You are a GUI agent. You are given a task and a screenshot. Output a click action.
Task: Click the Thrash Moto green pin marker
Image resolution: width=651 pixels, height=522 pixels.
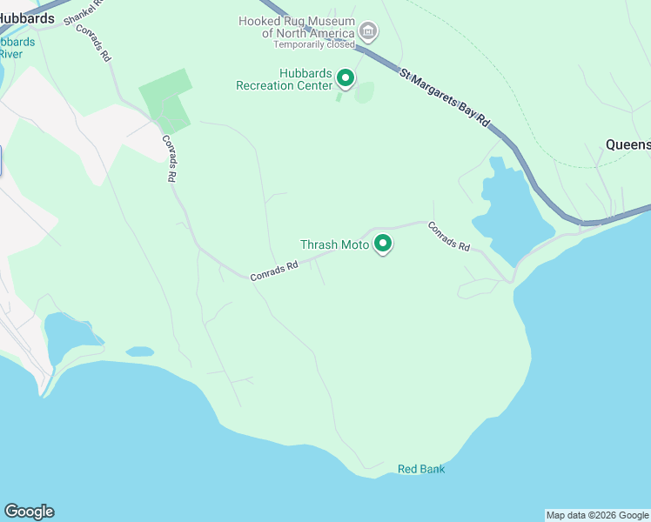[382, 244]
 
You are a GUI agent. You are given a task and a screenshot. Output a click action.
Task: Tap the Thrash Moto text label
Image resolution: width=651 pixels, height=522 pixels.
[335, 245]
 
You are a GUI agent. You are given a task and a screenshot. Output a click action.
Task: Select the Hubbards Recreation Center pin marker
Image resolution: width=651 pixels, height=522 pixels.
[346, 79]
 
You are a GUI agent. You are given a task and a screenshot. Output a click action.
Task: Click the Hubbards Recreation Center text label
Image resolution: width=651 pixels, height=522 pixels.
[284, 80]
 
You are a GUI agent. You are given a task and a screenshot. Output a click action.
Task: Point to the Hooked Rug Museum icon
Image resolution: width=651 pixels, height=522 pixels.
[368, 33]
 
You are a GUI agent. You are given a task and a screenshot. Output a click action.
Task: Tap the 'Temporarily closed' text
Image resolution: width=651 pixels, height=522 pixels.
[314, 44]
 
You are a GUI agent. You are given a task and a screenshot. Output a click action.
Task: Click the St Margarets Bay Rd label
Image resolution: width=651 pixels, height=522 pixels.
[445, 97]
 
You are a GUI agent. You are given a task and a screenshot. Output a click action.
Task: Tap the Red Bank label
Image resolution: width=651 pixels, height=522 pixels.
[421, 469]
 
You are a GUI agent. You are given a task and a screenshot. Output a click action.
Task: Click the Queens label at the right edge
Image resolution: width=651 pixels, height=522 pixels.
[628, 144]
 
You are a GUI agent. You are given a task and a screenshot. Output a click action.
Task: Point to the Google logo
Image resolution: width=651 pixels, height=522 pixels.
[29, 512]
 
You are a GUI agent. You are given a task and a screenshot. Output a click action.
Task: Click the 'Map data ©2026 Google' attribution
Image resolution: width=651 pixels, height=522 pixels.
[597, 515]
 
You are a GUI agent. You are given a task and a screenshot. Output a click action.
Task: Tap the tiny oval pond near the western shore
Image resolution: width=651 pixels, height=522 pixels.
[139, 351]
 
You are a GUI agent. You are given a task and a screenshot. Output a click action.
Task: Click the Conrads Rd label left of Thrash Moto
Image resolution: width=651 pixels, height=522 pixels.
[274, 271]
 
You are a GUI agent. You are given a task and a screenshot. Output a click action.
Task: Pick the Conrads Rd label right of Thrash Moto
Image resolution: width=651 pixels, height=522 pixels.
[449, 236]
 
